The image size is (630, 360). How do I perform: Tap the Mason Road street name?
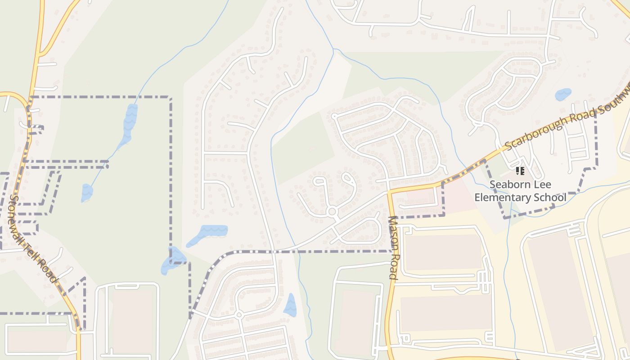pyautogui.click(x=393, y=248)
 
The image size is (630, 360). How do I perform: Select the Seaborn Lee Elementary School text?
pyautogui.click(x=520, y=191)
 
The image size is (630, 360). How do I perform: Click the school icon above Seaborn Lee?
pyautogui.click(x=520, y=171)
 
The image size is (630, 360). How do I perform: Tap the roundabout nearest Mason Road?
pyautogui.click(x=333, y=211)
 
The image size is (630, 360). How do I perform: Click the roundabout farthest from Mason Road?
pyautogui.click(x=239, y=314)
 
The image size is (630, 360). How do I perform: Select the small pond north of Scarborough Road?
pyautogui.click(x=563, y=94)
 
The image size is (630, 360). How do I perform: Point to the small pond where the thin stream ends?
pyautogui.click(x=86, y=193)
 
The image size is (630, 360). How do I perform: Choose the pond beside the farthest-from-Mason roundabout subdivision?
pyautogui.click(x=290, y=305)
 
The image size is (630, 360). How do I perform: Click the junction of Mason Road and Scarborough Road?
pyautogui.click(x=390, y=191)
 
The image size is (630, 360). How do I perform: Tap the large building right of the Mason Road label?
pyautogui.click(x=443, y=252)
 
